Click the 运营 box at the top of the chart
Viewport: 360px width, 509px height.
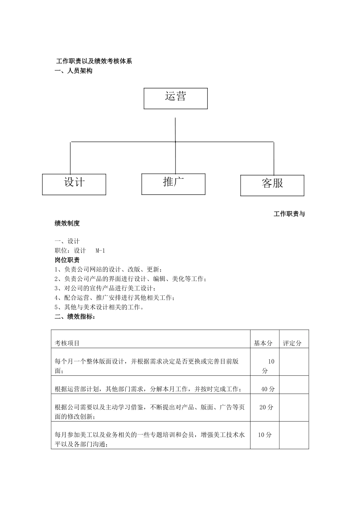pyautogui.click(x=175, y=98)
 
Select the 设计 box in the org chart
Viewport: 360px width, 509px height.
pyautogui.click(x=74, y=184)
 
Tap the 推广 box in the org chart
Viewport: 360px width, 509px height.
pyautogui.click(x=173, y=184)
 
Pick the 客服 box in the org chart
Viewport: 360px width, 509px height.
pyautogui.click(x=272, y=185)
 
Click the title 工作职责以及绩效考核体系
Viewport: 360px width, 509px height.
pyautogui.click(x=94, y=61)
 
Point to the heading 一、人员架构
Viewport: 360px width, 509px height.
pyautogui.click(x=74, y=71)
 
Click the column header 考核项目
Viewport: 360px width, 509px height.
pyautogui.click(x=67, y=343)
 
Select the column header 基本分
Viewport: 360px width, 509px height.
pyautogui.click(x=263, y=343)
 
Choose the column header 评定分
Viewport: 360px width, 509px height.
pyautogui.click(x=292, y=343)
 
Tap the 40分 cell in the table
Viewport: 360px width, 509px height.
pyautogui.click(x=268, y=389)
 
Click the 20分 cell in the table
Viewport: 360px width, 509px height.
pyautogui.click(x=266, y=407)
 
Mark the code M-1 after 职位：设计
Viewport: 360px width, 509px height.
pyautogui.click(x=100, y=250)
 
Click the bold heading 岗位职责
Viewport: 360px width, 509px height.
pyautogui.click(x=67, y=260)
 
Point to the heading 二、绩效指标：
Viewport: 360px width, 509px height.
pyautogui.click(x=75, y=317)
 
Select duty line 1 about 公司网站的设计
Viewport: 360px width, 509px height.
pyautogui.click(x=108, y=269)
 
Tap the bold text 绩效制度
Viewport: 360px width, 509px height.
pyautogui.click(x=67, y=223)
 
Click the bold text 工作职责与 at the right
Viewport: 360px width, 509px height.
pyautogui.click(x=289, y=214)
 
